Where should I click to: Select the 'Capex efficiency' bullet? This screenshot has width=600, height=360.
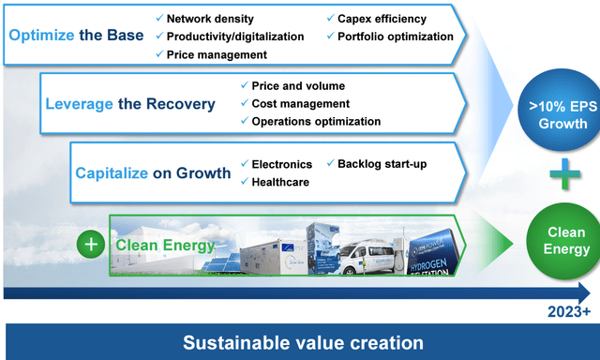[x=378, y=19]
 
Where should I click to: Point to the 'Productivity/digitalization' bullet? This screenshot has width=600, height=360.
[x=229, y=37]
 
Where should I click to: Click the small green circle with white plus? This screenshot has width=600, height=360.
[x=90, y=245]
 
